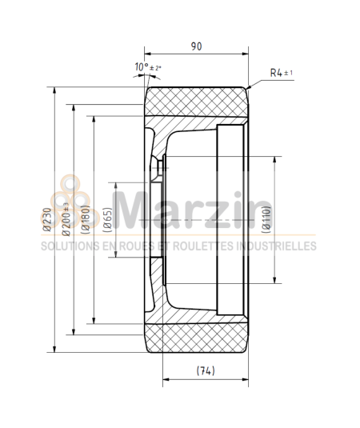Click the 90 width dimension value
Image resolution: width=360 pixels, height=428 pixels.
click(x=196, y=46)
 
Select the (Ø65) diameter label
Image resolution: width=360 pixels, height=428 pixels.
click(x=107, y=219)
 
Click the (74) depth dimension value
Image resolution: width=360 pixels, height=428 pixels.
click(x=205, y=370)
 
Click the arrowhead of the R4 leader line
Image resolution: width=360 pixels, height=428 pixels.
click(x=250, y=86)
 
